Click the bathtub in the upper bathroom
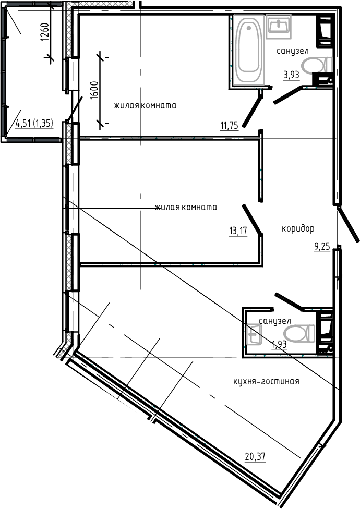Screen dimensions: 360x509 249,50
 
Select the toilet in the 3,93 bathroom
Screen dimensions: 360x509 317,65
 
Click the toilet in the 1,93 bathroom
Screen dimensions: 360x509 299,334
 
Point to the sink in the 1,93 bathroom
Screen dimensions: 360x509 254,334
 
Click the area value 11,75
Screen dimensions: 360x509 229,125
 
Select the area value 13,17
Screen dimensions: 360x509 238,231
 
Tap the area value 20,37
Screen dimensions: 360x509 255,457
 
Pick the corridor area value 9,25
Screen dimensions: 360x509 322,247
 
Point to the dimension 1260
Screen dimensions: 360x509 45,32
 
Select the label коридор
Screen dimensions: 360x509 298,229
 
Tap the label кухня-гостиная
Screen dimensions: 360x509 266,381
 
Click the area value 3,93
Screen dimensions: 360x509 291,75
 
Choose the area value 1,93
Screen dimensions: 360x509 279,344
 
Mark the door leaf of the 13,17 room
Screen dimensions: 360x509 252,219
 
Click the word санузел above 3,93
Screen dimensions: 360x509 293,51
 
